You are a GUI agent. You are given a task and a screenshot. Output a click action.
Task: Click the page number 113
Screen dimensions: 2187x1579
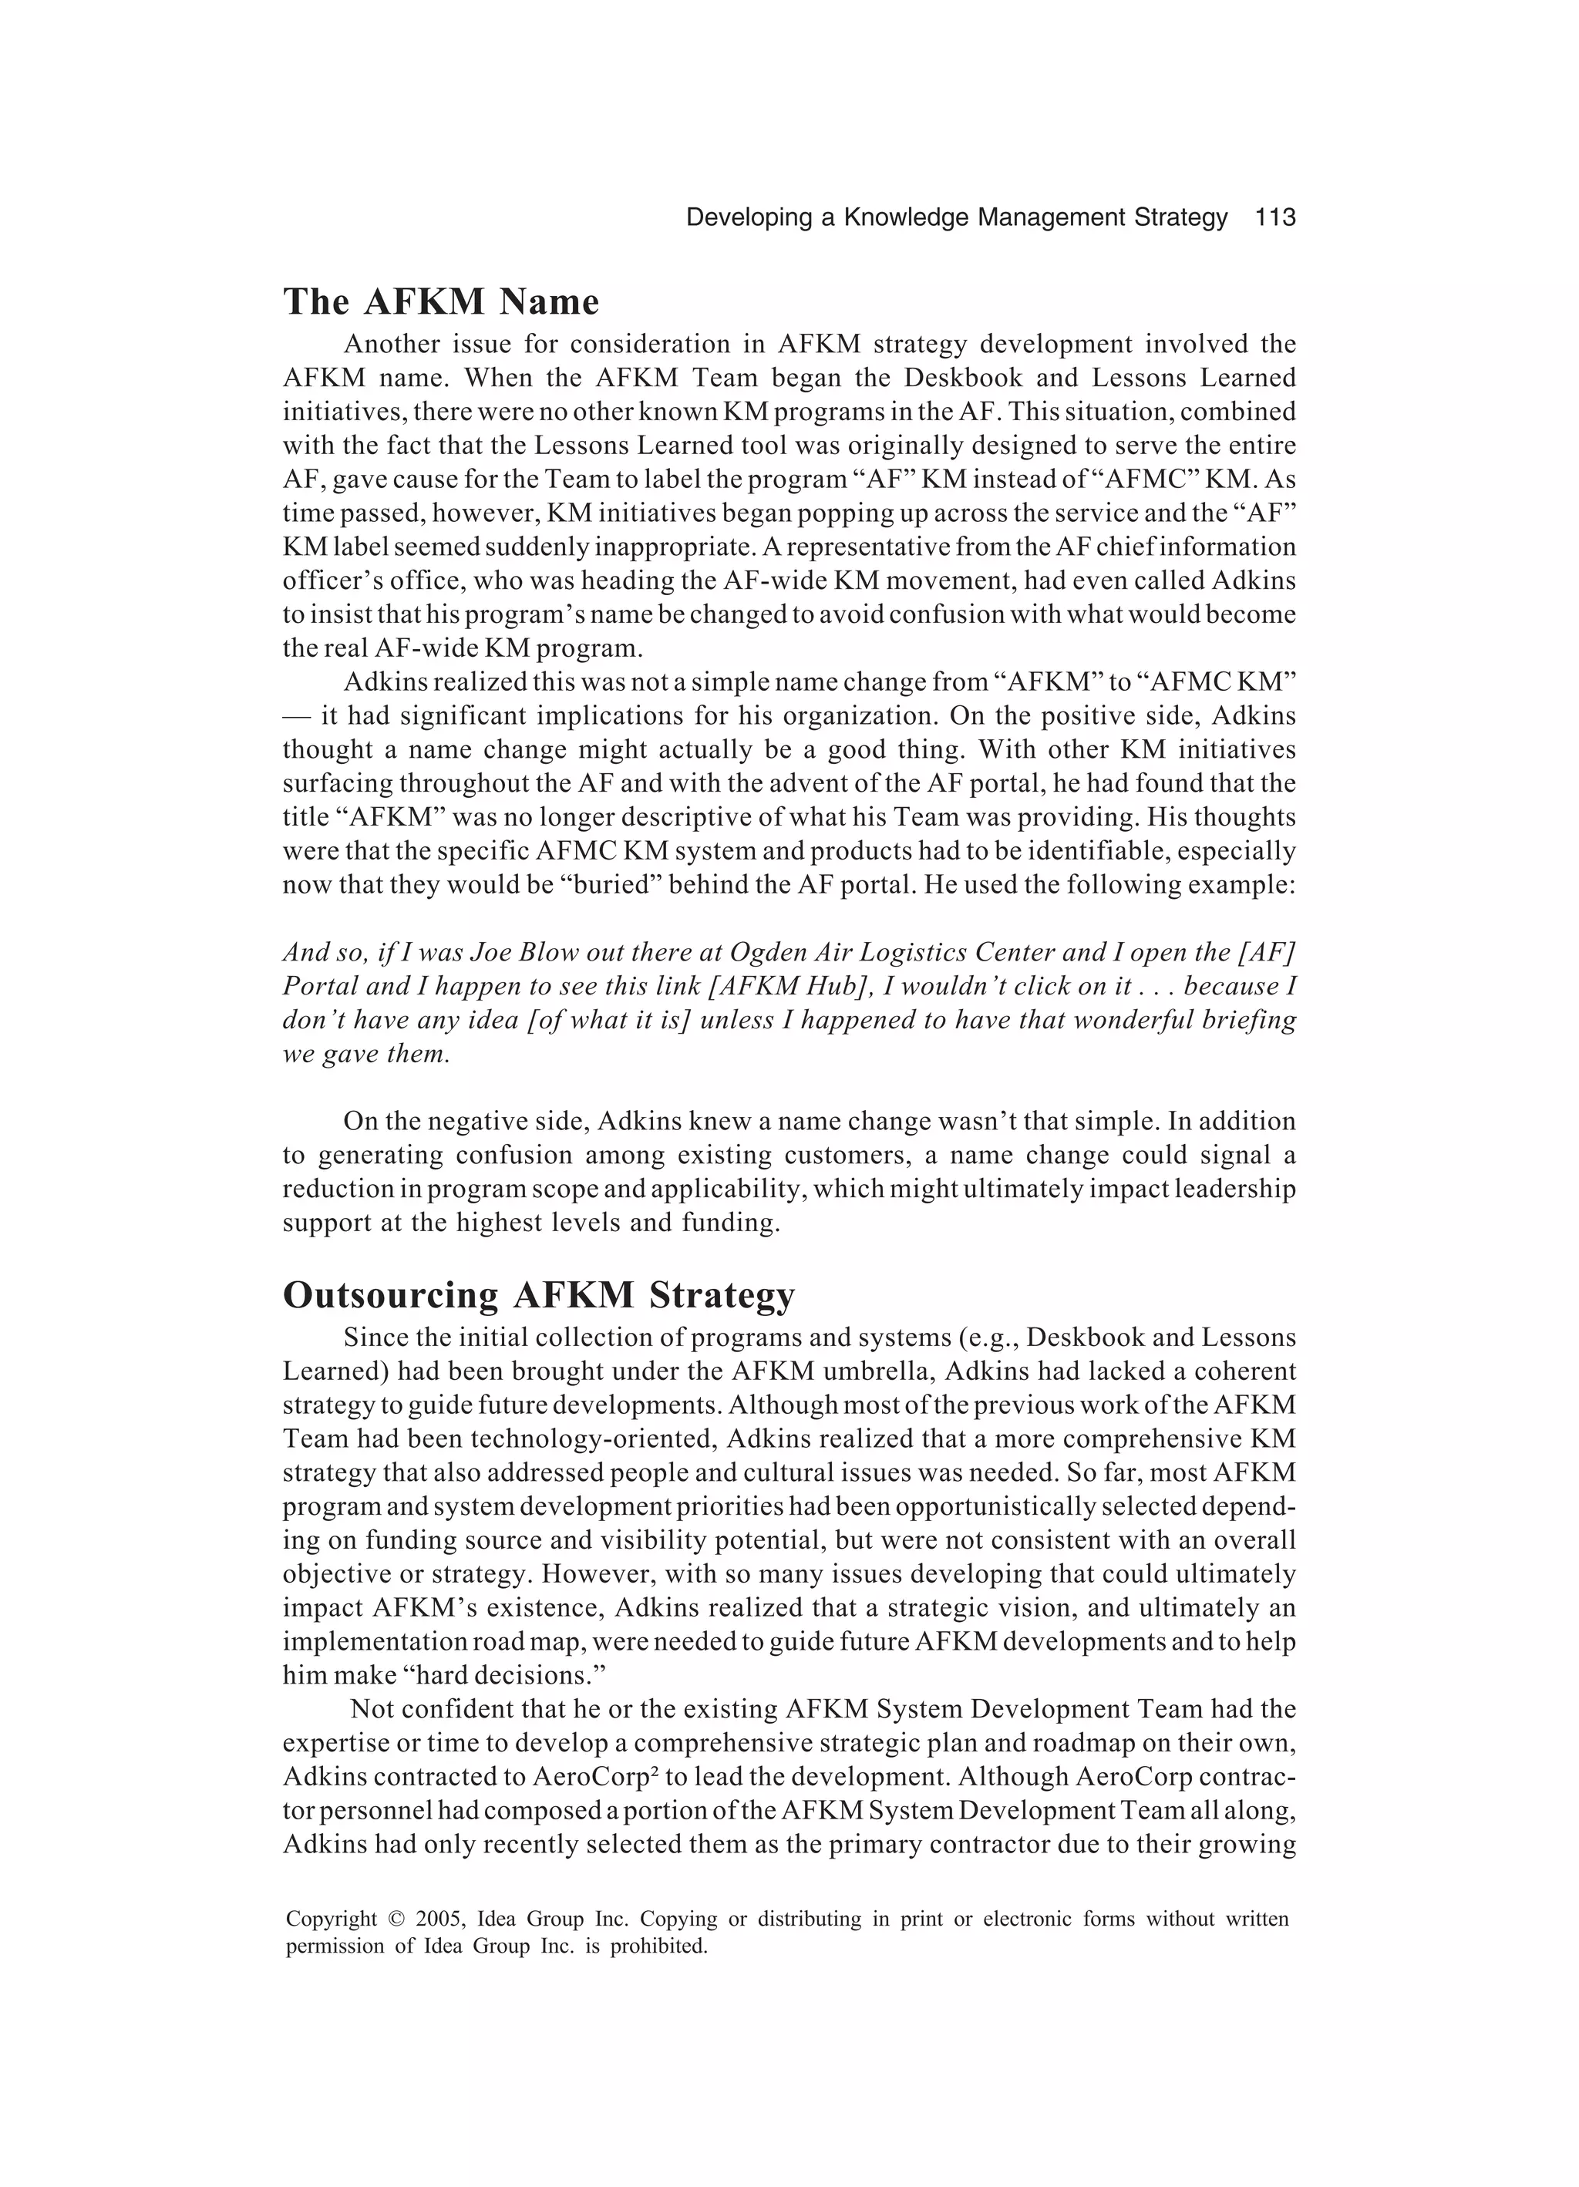click(x=1275, y=218)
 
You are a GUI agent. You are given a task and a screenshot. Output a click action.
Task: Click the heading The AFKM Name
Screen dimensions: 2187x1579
click(x=441, y=302)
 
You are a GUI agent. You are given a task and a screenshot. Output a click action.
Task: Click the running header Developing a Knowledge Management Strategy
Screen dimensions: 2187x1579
click(x=956, y=218)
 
